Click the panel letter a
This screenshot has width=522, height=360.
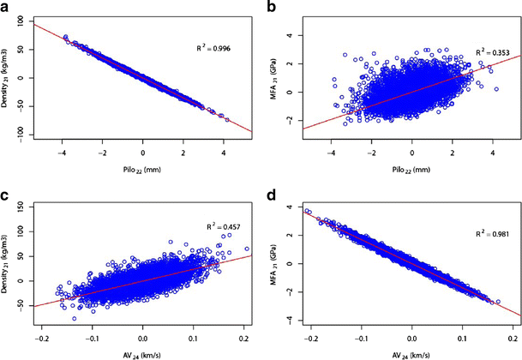click(6, 8)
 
